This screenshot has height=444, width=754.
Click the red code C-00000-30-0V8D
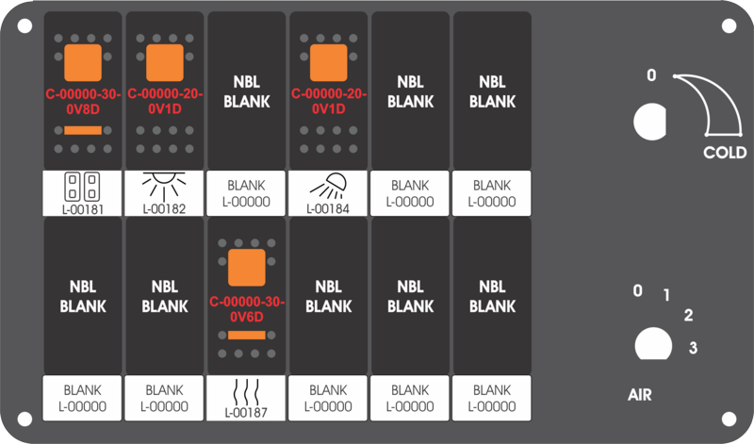83,102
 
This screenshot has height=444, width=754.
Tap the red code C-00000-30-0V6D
247,309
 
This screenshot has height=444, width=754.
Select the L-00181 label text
83,209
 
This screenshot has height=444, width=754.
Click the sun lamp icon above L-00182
164,186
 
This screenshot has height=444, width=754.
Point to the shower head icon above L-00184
328,186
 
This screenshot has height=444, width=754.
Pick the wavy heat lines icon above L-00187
246,391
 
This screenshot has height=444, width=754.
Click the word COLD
725,153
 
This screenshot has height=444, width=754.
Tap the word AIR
640,395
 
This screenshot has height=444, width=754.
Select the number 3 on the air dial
693,348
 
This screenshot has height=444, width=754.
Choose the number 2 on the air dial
689,316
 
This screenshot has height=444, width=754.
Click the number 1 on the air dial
666,295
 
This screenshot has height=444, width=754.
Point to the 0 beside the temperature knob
651,75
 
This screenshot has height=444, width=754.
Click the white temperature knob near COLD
650,122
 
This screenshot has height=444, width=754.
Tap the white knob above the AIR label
653,344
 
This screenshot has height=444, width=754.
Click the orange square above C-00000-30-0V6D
247,268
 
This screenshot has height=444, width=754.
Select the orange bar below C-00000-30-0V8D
83,130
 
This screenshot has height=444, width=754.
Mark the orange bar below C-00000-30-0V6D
247,336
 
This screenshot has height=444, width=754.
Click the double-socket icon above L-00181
82,187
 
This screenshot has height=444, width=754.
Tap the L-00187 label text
246,413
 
